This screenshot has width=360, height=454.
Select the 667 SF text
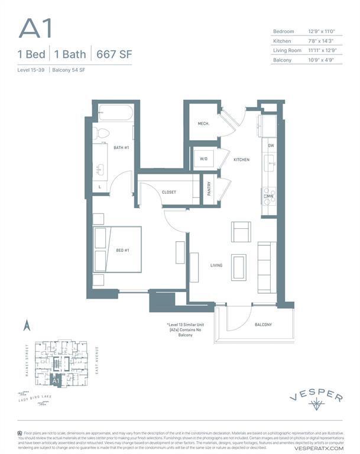click(x=113, y=54)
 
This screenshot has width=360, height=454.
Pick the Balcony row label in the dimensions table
click(x=283, y=60)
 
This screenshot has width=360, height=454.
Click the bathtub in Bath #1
click(x=116, y=112)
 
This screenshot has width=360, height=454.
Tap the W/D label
click(x=204, y=159)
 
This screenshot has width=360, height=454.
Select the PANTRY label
click(x=209, y=189)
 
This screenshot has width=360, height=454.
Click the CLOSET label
click(x=169, y=192)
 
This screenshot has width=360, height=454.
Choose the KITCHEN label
click(x=241, y=160)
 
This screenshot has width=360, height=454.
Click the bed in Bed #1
click(x=117, y=249)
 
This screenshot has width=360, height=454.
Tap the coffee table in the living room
click(x=239, y=267)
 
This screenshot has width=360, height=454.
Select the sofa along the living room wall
click(x=265, y=267)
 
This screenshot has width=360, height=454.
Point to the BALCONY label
click(x=263, y=325)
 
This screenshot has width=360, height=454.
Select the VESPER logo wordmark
click(x=316, y=397)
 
